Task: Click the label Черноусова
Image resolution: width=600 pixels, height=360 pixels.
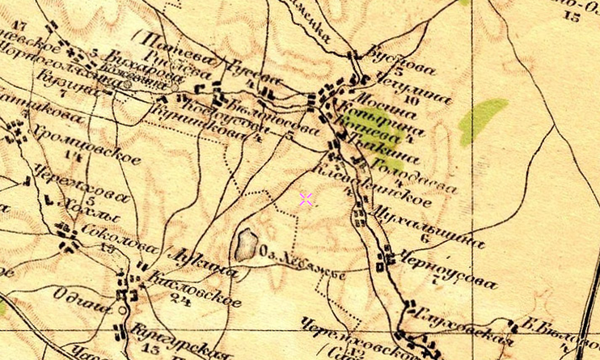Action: point(446,271)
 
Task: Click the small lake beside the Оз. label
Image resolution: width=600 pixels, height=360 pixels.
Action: point(246,244)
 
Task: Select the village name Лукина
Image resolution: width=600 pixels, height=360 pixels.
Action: point(205,262)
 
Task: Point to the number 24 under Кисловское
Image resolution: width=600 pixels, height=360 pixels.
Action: point(180,302)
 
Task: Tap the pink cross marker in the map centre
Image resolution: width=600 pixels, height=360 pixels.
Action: point(306,199)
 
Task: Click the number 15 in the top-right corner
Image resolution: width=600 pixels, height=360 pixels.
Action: point(573,16)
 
